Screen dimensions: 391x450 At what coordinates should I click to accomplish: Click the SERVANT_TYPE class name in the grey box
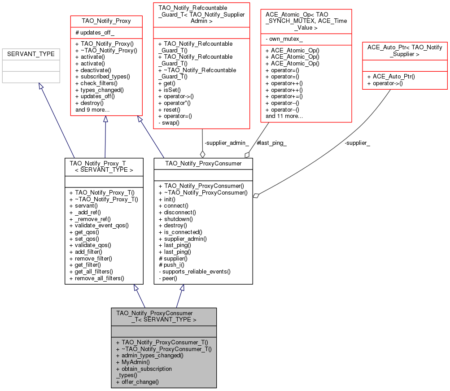(x=31, y=54)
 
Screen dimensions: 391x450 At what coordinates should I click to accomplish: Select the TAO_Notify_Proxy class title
(x=106, y=21)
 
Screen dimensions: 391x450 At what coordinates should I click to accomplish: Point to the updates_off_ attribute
(x=97, y=33)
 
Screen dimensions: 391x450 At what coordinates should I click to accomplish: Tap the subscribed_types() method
(x=103, y=76)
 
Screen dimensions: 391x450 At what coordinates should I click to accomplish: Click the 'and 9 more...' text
(x=92, y=109)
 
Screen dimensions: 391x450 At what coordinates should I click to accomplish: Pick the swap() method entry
(x=171, y=122)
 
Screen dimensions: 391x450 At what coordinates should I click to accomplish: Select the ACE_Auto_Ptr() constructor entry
(x=391, y=76)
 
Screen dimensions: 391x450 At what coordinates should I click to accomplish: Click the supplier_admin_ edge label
(x=227, y=143)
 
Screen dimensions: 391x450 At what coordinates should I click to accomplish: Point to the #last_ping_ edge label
(x=271, y=143)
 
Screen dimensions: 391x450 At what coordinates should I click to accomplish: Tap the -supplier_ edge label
(x=357, y=143)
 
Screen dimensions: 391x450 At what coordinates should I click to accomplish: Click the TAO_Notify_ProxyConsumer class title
(x=203, y=164)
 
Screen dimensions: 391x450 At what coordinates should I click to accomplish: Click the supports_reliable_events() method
(x=197, y=271)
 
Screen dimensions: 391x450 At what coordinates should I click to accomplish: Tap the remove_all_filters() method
(x=100, y=278)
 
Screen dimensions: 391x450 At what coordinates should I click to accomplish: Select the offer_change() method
(x=140, y=382)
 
